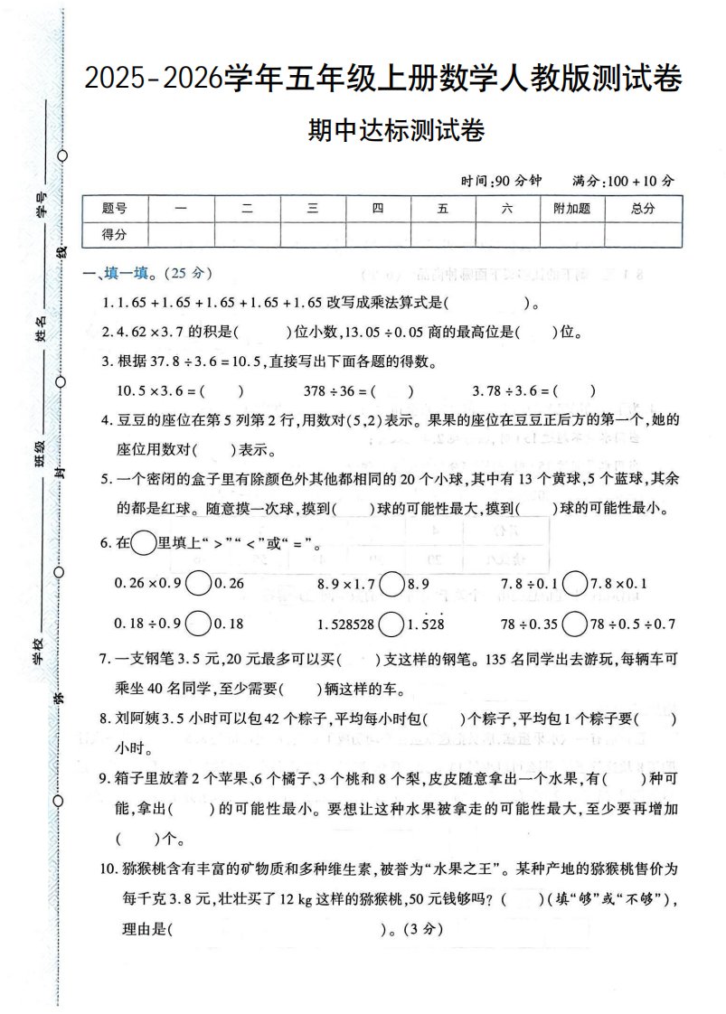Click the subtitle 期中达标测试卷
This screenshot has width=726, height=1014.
(397, 132)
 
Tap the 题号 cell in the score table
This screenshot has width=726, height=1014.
(115, 208)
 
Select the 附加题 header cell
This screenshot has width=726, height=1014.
(571, 208)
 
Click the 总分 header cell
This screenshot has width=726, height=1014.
(643, 208)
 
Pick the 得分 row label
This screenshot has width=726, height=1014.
(115, 234)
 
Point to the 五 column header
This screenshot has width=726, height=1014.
(442, 208)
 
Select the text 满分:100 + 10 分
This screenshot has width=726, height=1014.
(623, 180)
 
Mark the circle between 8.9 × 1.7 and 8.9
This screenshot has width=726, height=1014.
(391, 585)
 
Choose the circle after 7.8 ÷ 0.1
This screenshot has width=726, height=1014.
(572, 585)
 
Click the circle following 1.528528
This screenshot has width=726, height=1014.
(391, 624)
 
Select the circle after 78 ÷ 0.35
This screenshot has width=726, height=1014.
(572, 624)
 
